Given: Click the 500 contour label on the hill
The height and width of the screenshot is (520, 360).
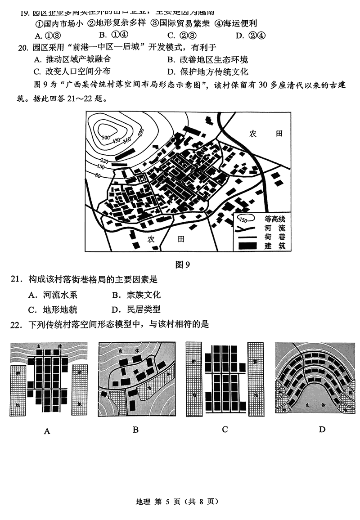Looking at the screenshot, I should click(x=106, y=136).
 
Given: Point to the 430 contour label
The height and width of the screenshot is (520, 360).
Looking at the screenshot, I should click(x=117, y=140).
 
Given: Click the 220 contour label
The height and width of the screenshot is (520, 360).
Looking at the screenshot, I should click(x=104, y=161).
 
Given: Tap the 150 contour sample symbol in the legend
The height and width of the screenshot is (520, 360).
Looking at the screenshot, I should click(x=243, y=220).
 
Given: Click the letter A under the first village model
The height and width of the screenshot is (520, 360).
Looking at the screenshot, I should click(x=47, y=431).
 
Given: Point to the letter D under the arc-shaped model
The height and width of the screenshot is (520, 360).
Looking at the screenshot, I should click(x=322, y=430).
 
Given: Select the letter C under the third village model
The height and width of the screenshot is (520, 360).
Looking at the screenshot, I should click(x=225, y=430).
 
